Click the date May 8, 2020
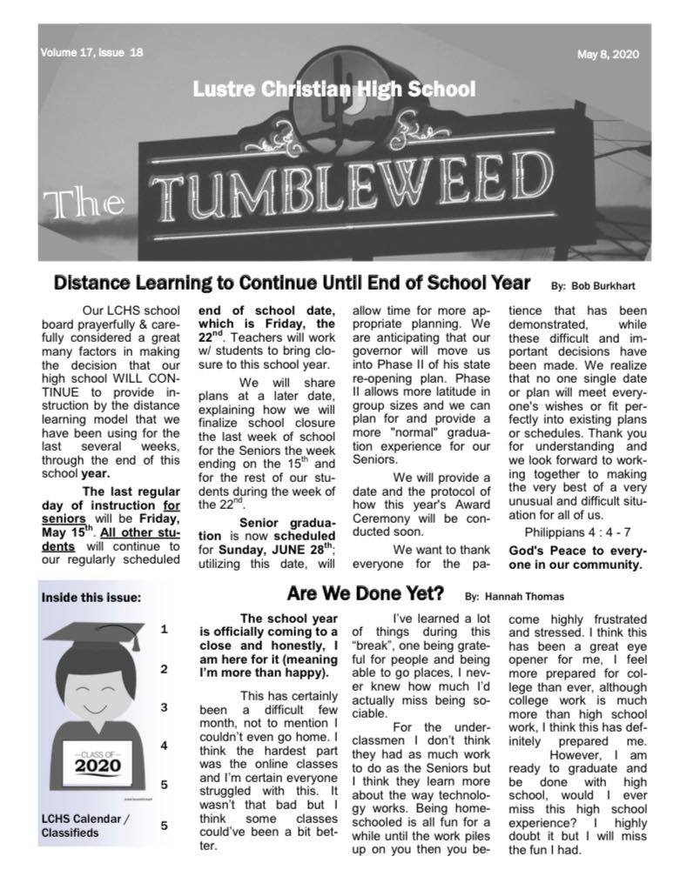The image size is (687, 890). point(608,54)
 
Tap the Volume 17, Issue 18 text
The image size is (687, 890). point(91,52)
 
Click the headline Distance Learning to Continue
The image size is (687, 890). point(292,283)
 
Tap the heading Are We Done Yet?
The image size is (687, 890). point(366,595)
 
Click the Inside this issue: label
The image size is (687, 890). point(91,598)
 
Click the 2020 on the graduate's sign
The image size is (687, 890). point(98,766)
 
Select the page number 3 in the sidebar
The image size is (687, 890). point(164,707)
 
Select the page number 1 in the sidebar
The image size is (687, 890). point(164,629)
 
